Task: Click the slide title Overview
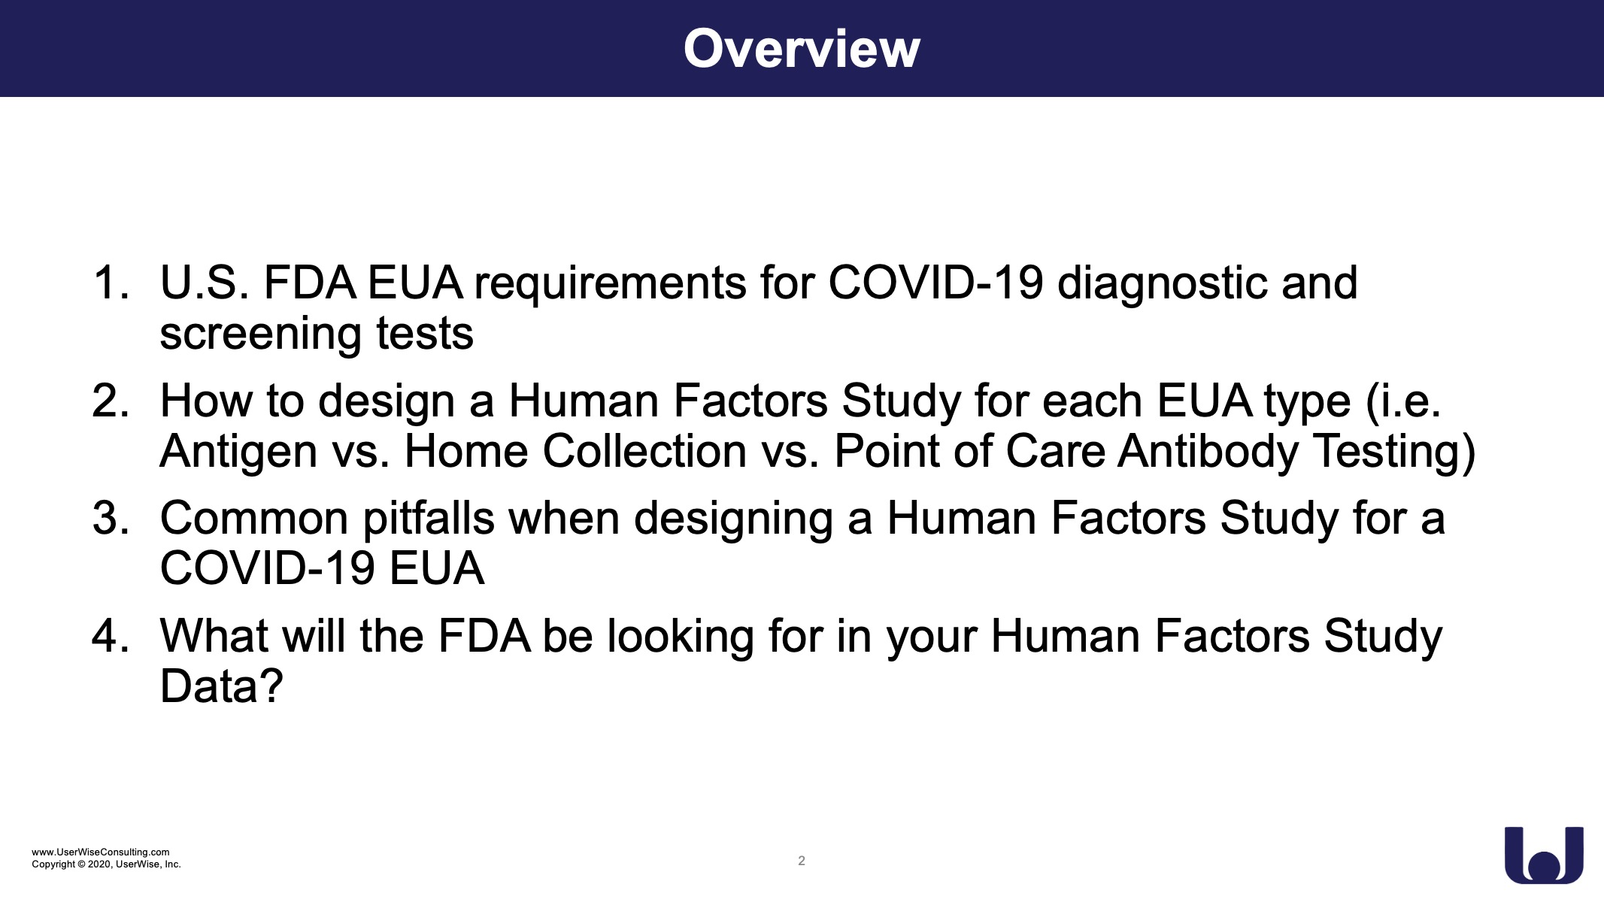(x=802, y=49)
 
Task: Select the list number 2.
(x=111, y=401)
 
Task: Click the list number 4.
(x=111, y=636)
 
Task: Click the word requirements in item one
(x=610, y=286)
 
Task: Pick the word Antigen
(x=238, y=453)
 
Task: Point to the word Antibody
(x=1208, y=453)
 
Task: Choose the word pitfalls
(x=429, y=519)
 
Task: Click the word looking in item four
(x=680, y=637)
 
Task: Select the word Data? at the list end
(x=221, y=686)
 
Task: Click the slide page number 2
(x=802, y=861)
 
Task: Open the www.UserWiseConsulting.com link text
(x=101, y=852)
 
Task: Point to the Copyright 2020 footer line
(x=106, y=864)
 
